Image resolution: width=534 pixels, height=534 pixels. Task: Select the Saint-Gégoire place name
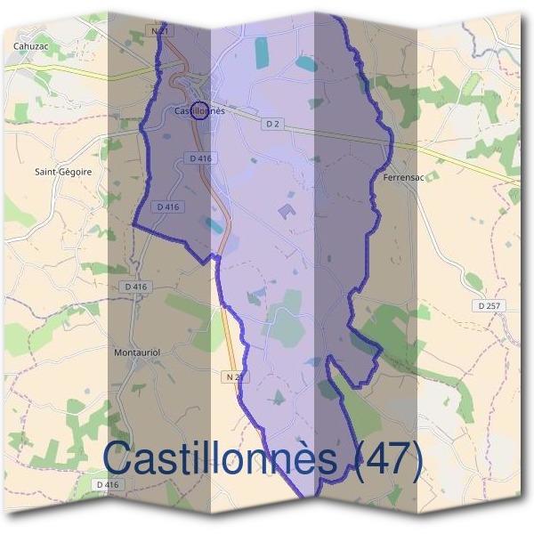(62, 171)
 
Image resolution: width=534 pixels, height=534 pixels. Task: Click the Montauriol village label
(136, 352)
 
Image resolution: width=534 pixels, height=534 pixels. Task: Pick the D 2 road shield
(272, 124)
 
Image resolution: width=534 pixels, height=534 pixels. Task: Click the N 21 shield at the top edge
(160, 31)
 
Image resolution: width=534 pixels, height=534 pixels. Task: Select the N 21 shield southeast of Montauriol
(233, 377)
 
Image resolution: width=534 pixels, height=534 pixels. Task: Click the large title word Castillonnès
(220, 459)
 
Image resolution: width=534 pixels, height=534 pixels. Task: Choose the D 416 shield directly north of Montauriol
(134, 287)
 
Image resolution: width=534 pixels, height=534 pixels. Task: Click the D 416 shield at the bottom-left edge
(106, 484)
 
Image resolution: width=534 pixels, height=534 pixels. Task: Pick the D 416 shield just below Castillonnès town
(201, 158)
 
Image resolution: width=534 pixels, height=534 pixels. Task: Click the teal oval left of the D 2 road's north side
(304, 64)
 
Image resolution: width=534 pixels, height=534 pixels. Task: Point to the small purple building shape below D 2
(287, 211)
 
